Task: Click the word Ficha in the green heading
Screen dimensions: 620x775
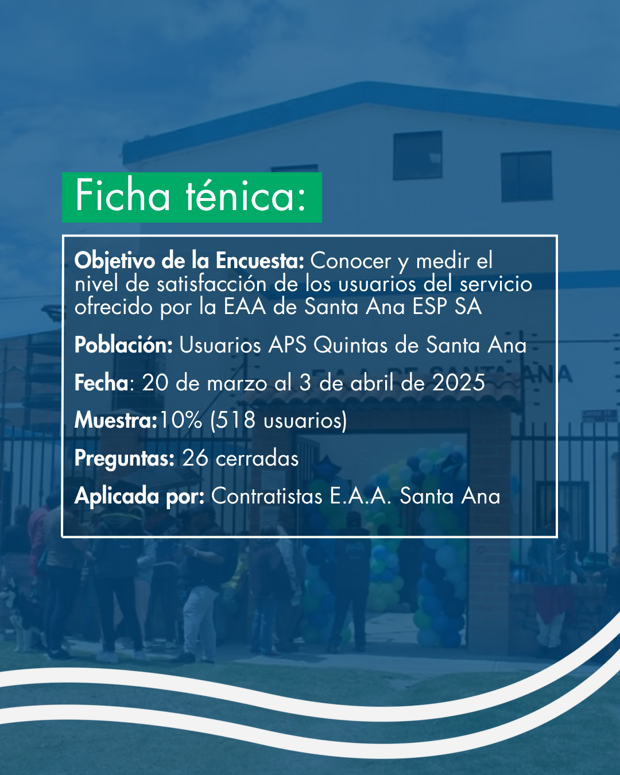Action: [x=122, y=196]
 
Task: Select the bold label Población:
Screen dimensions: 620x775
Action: [x=123, y=344]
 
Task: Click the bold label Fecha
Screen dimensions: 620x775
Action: [x=101, y=382]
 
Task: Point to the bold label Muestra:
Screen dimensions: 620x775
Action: [x=116, y=420]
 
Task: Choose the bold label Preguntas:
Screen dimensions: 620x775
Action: [x=125, y=459]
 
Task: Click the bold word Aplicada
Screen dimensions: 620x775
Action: [x=117, y=496]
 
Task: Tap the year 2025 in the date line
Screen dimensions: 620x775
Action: [x=459, y=382]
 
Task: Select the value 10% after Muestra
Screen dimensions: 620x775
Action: [x=181, y=420]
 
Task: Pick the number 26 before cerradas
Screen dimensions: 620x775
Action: [x=195, y=458]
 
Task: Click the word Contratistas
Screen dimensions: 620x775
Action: [x=266, y=496]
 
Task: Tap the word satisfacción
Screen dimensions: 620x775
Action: [x=211, y=284]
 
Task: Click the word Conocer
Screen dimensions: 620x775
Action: [x=351, y=261]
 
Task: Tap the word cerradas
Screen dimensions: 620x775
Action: [x=257, y=459]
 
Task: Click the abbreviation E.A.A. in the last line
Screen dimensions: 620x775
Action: [x=361, y=496]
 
